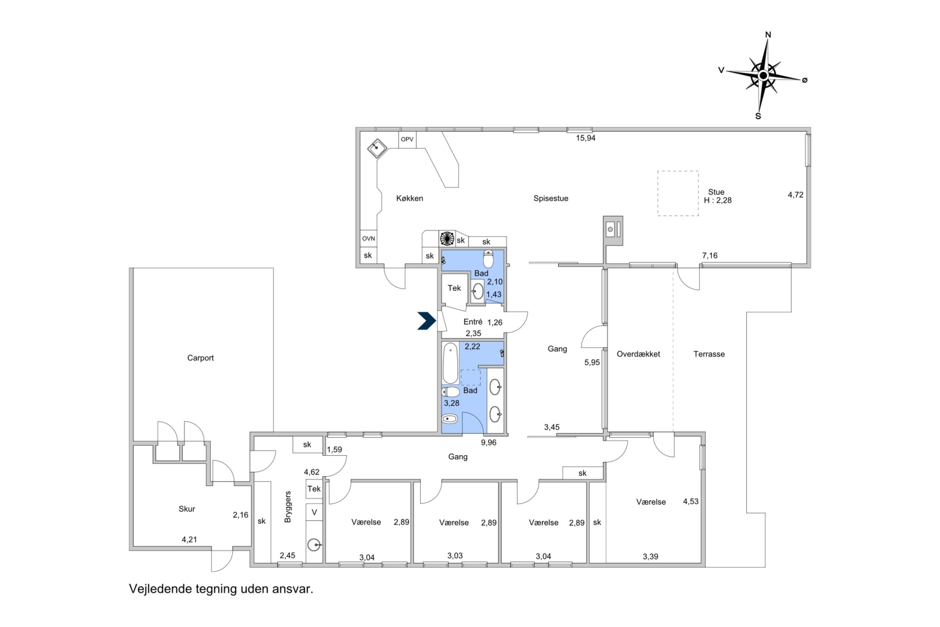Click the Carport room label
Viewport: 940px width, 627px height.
pos(200,358)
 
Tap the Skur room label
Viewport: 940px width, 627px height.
pos(187,509)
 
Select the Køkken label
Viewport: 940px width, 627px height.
pos(410,198)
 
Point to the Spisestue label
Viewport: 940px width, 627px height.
pos(551,198)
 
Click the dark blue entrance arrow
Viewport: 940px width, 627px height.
pos(426,321)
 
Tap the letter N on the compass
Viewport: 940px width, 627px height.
pos(768,35)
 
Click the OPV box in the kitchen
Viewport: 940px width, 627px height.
pos(407,139)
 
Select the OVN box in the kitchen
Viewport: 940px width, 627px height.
pos(368,239)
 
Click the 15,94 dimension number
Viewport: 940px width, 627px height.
pos(585,138)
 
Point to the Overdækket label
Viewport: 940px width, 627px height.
pos(638,354)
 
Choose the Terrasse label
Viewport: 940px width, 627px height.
pos(709,354)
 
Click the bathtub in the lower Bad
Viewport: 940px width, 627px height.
pos(450,363)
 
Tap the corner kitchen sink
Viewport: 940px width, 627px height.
pos(377,148)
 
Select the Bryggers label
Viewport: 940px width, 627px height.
pos(287,506)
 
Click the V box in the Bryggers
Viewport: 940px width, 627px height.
pos(314,513)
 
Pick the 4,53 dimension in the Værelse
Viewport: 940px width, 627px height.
pos(690,501)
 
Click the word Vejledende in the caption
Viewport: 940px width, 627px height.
pos(160,589)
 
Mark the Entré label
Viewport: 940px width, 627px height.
pos(472,322)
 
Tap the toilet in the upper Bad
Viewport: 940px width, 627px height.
pos(488,259)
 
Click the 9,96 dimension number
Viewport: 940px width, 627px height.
pos(489,442)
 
